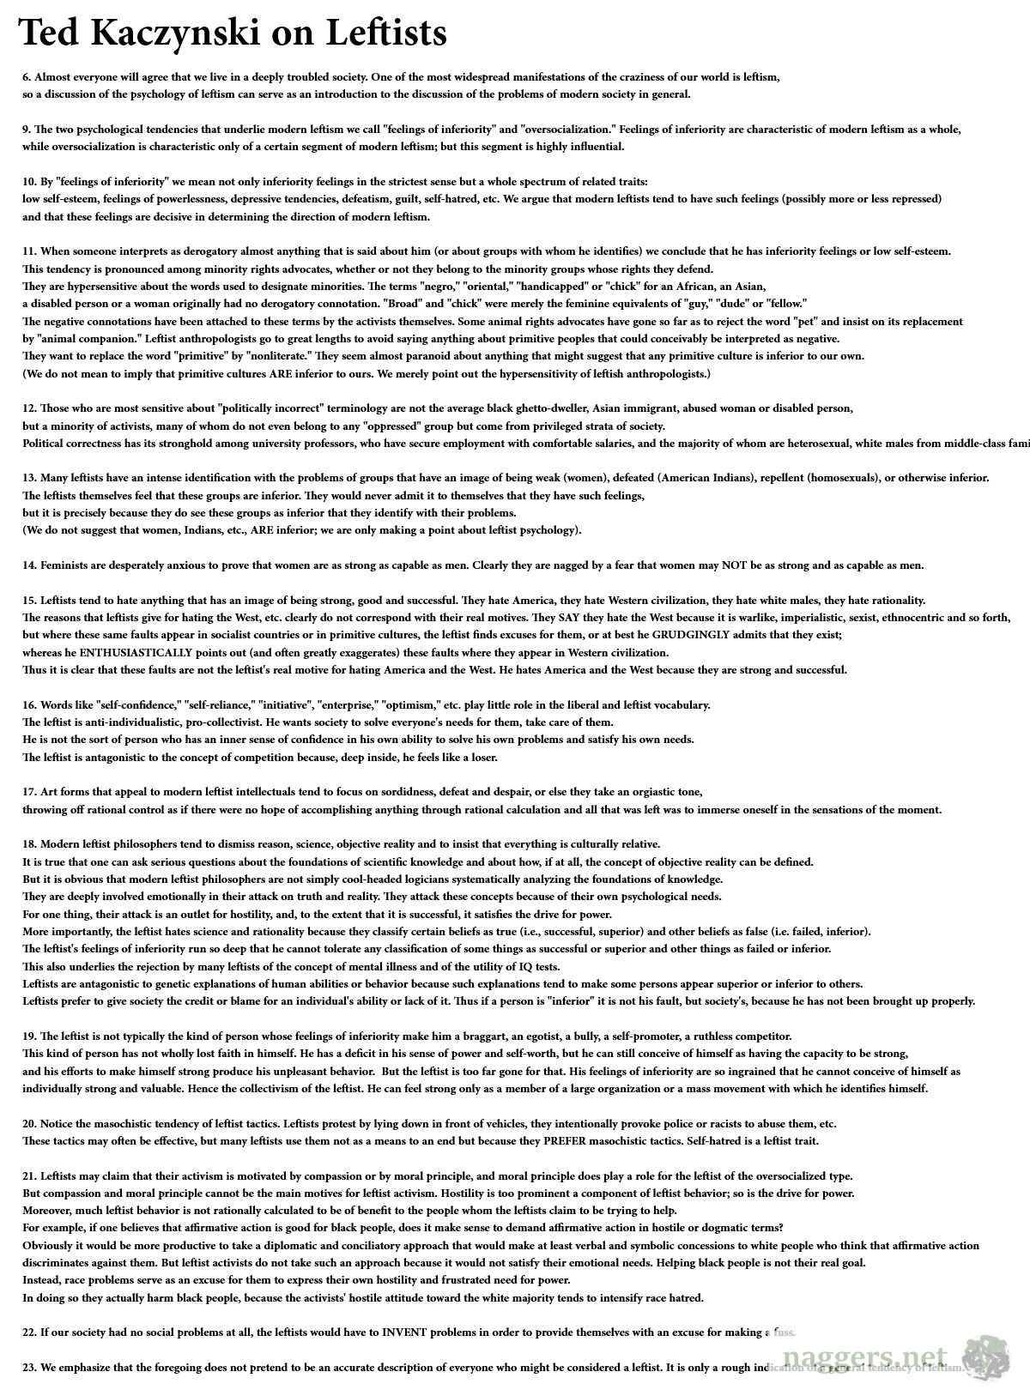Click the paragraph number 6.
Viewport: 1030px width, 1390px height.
(x=27, y=77)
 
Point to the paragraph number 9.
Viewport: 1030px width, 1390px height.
(x=27, y=130)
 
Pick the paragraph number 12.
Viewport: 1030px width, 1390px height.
(x=29, y=408)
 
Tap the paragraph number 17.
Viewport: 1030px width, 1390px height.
(x=29, y=792)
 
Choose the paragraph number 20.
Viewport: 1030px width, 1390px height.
(x=29, y=1123)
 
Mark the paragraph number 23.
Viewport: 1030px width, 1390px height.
(x=29, y=1367)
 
